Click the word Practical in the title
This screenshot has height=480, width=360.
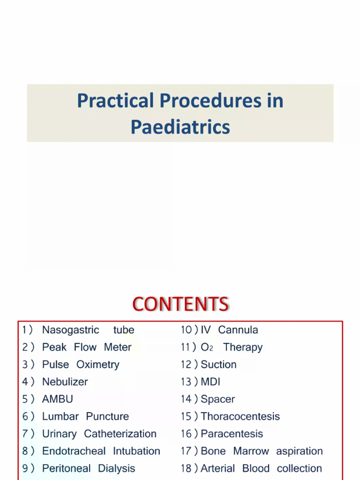coord(115,101)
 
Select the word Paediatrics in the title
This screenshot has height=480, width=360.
coord(180,127)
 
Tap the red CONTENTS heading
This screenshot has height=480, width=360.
coord(180,305)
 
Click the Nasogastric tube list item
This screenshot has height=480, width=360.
coord(88,330)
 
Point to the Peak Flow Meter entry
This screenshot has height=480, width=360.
coord(87,347)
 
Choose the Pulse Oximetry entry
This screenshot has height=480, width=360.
coord(81,365)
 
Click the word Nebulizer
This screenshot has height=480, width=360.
coord(65,382)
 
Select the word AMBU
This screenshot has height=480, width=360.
coord(58,399)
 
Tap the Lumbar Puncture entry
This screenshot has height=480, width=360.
coord(85,417)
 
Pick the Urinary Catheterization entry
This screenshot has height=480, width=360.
coord(99,434)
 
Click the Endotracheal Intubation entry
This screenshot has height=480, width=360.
coord(101,451)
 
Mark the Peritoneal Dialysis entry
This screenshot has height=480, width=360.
coord(89,469)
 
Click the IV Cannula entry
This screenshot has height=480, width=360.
coord(229,330)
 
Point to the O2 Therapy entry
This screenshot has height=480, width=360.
coord(232,347)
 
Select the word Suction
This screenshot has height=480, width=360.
coord(218,365)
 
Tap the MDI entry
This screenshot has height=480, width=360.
coord(210,382)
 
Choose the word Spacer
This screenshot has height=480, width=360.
coord(217,399)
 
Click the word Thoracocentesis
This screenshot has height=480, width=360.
coord(240,417)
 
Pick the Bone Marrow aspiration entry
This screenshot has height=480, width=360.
coord(262,451)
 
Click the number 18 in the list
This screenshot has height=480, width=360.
coord(186,469)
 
